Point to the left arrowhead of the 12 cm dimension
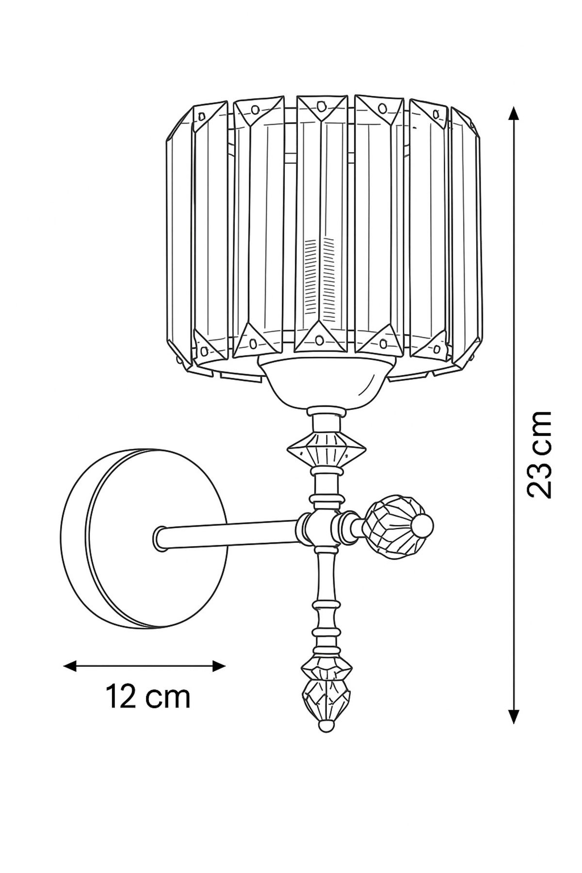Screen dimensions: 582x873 (x=71, y=666)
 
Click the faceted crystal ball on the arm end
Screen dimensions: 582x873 (x=391, y=524)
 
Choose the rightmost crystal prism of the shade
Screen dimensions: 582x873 (x=467, y=240)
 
